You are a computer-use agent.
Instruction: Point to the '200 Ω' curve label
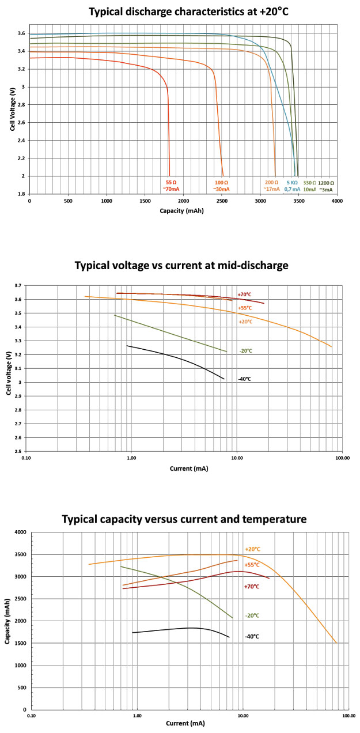pyautogui.click(x=271, y=182)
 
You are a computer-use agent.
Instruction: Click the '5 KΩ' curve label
pyautogui.click(x=292, y=182)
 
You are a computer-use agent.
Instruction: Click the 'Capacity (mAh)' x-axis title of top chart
pyautogui.click(x=183, y=210)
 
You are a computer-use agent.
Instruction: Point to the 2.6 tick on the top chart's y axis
pyautogui.click(x=21, y=123)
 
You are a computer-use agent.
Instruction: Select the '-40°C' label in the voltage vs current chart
pyautogui.click(x=244, y=379)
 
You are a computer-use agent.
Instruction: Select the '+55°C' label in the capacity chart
pyautogui.click(x=252, y=565)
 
